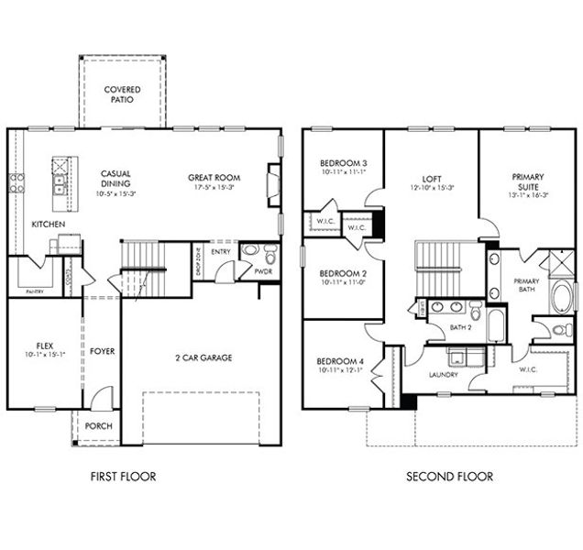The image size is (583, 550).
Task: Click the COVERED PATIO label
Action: tap(123, 93)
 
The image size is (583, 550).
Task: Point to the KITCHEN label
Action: tap(48, 224)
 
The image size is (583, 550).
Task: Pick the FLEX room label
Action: tap(40, 345)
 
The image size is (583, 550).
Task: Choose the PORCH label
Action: tap(98, 426)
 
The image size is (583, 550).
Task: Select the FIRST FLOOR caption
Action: tap(123, 476)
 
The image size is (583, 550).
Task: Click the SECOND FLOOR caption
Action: tap(449, 476)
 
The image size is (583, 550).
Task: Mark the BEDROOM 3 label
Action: tap(337, 161)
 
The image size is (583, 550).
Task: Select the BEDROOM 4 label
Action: tap(340, 361)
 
